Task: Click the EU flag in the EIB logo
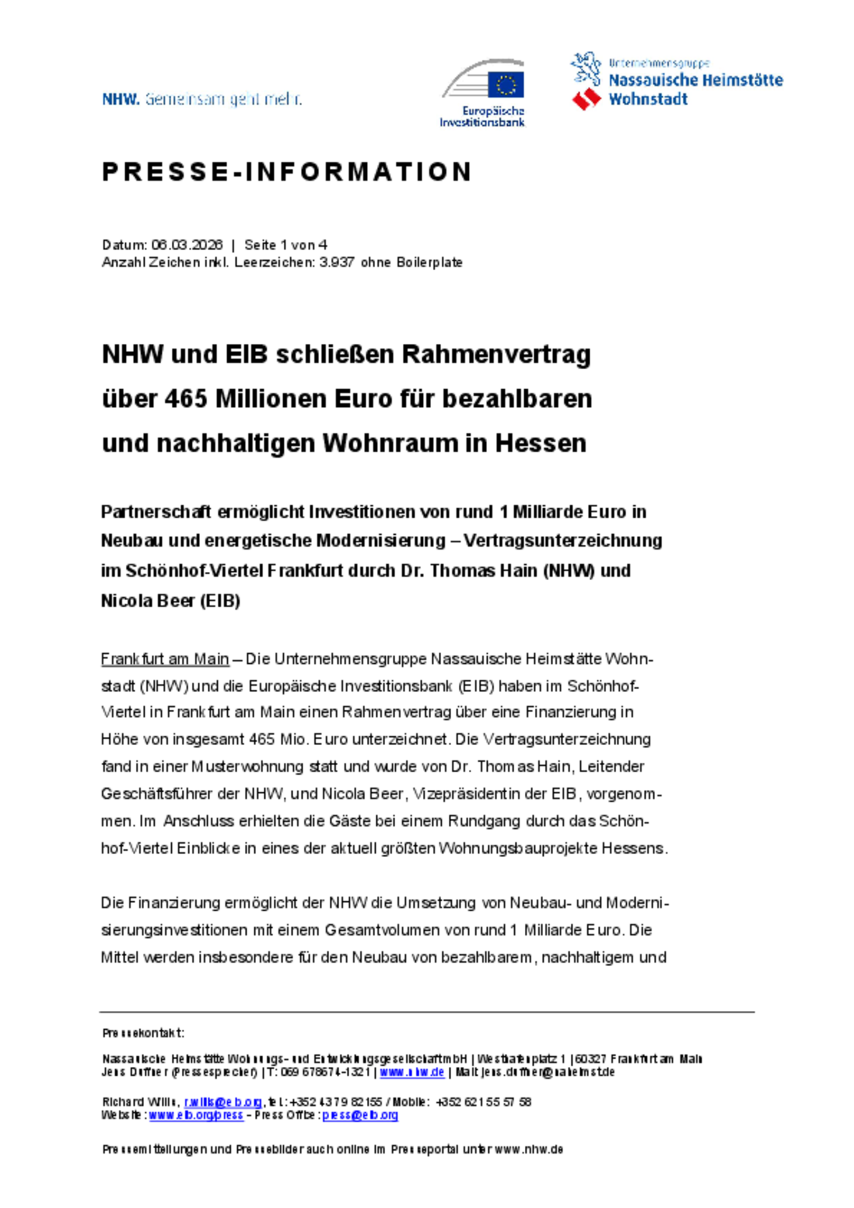[x=505, y=85]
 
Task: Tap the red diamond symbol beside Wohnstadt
[x=586, y=99]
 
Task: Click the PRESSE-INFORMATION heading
[x=287, y=172]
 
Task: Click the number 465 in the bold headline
[x=186, y=399]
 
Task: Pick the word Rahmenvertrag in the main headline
[x=496, y=355]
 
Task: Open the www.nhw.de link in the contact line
[x=412, y=1072]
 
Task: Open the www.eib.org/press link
[x=196, y=1116]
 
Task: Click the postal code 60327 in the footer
[x=590, y=1059]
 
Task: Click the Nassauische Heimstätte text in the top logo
[x=695, y=81]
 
